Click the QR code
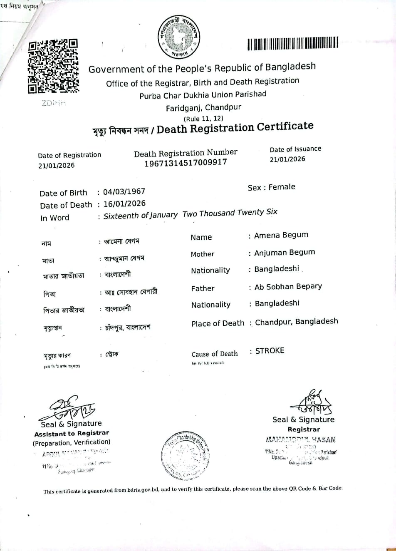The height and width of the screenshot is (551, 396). point(53,66)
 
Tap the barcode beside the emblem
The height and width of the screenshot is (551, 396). point(292,43)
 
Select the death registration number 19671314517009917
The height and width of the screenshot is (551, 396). point(186,163)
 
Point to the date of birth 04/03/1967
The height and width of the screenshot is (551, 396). point(124,192)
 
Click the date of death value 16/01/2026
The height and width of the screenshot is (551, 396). point(124,204)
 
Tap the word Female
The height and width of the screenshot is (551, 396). point(282,187)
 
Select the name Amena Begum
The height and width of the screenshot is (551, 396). point(281,235)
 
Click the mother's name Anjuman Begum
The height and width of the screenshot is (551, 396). point(285,253)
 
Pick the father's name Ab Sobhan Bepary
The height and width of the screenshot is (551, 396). point(288,286)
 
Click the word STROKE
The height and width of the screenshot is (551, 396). point(270,351)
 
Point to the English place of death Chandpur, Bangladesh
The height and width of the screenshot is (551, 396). point(296,322)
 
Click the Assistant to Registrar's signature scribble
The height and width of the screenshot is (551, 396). point(69,408)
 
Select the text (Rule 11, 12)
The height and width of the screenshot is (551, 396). point(203,118)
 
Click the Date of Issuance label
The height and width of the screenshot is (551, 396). point(295,149)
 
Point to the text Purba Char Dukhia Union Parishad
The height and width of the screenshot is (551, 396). point(203,95)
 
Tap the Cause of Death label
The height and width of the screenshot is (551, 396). point(215,354)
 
